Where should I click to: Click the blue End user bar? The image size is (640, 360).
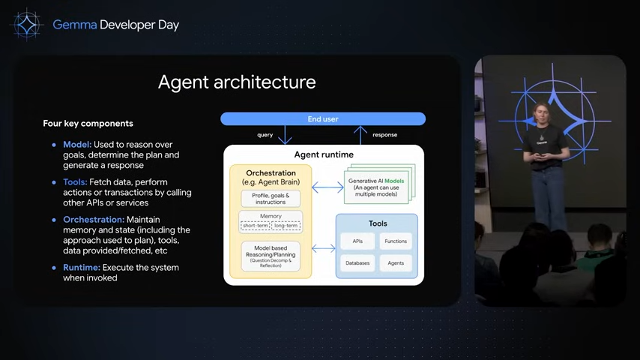click(x=323, y=119)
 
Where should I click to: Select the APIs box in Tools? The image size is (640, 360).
click(x=357, y=241)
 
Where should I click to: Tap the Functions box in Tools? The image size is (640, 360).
click(x=396, y=241)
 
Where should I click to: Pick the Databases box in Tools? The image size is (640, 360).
click(x=357, y=263)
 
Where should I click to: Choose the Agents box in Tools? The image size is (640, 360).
click(x=396, y=263)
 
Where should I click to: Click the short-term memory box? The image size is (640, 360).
click(x=256, y=226)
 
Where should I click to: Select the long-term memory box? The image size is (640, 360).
click(x=286, y=226)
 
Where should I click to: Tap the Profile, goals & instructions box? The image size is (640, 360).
click(x=271, y=199)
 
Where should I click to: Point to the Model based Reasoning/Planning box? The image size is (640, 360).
click(x=271, y=256)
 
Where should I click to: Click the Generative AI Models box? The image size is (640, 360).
click(x=376, y=187)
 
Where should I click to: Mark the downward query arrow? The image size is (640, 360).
click(x=285, y=135)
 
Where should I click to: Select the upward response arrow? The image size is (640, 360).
click(x=360, y=135)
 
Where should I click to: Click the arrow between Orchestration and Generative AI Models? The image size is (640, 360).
click(x=327, y=187)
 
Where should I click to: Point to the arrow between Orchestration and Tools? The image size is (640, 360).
click(x=323, y=248)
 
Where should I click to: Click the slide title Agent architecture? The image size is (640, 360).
click(x=237, y=82)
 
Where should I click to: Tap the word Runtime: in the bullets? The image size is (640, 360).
click(x=82, y=268)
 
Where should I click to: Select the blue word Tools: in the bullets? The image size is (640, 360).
click(x=75, y=182)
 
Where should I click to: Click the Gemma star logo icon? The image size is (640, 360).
click(x=27, y=25)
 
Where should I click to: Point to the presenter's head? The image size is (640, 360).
click(x=542, y=112)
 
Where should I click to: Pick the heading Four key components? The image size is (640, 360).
click(x=88, y=124)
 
